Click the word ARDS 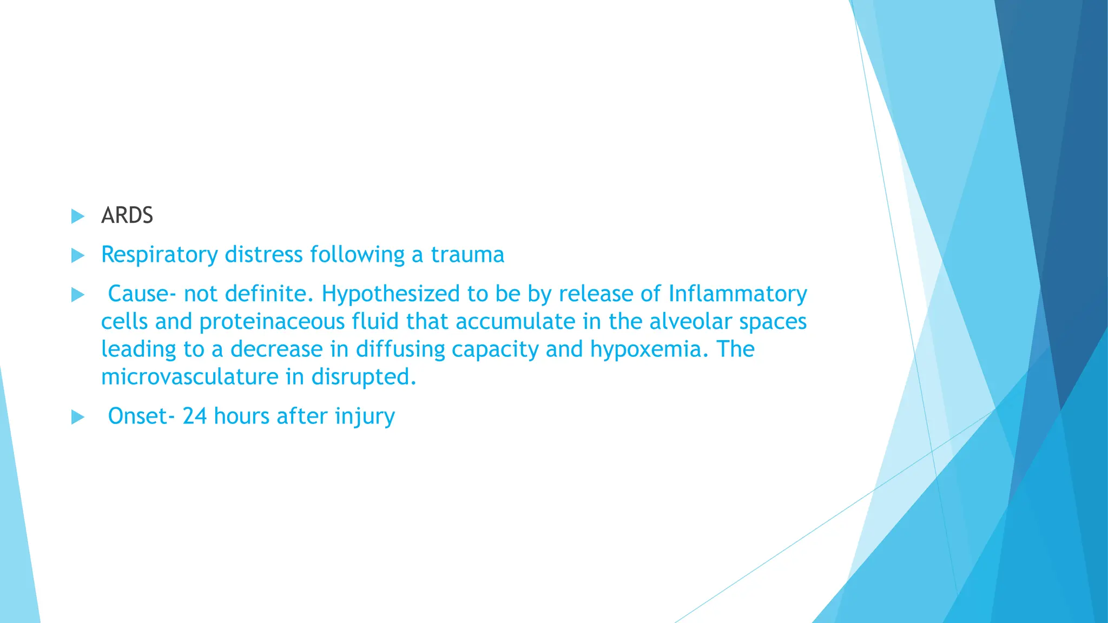pyautogui.click(x=127, y=216)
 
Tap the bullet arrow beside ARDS pyautogui.click(x=78, y=217)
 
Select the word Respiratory pyautogui.click(x=159, y=255)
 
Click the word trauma pyautogui.click(x=467, y=255)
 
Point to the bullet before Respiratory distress pyautogui.click(x=78, y=256)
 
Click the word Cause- pyautogui.click(x=142, y=294)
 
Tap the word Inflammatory pyautogui.click(x=737, y=294)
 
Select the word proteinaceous pyautogui.click(x=272, y=322)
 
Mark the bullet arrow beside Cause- pyautogui.click(x=78, y=295)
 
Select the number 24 pyautogui.click(x=195, y=416)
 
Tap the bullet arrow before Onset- pyautogui.click(x=78, y=417)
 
